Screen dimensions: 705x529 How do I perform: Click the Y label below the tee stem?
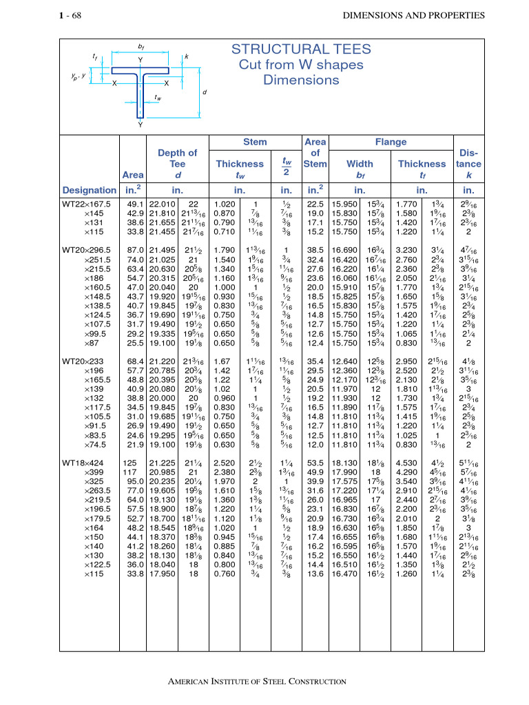tap(141, 125)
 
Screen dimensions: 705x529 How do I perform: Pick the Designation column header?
tap(89, 190)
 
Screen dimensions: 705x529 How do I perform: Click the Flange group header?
tap(391, 142)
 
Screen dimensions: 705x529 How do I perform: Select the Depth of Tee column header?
tap(177, 164)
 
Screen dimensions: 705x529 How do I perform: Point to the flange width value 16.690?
tap(344, 249)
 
